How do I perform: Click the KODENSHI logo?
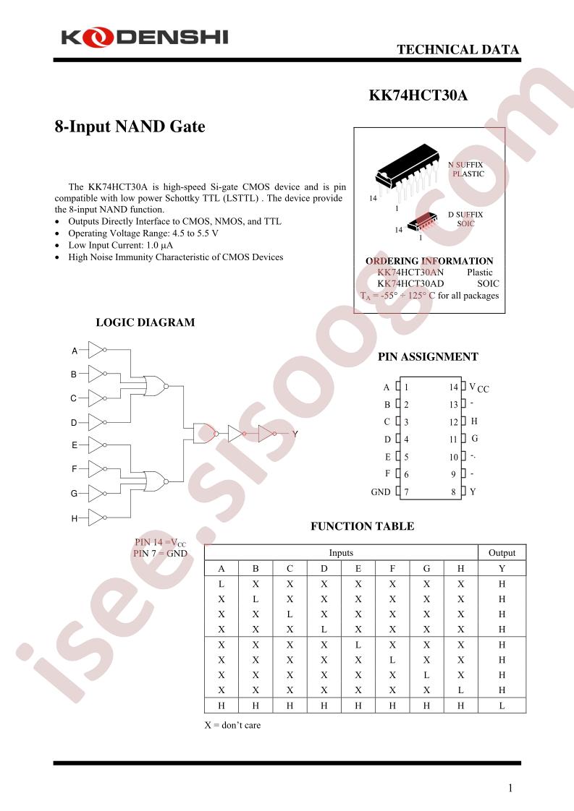[x=145, y=38]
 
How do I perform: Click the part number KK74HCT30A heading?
[x=418, y=95]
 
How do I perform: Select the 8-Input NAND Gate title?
[x=130, y=126]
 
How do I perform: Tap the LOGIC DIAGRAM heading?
[x=145, y=322]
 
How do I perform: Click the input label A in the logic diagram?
[x=75, y=351]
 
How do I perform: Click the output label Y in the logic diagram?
[x=295, y=434]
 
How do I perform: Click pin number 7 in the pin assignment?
[x=407, y=492]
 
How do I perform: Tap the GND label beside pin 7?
[x=381, y=492]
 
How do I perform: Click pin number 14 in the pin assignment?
[x=454, y=387]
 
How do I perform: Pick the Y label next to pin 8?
[x=473, y=492]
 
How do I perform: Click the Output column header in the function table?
[x=502, y=552]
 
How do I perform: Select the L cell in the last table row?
[x=502, y=705]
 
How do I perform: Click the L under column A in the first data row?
[x=221, y=584]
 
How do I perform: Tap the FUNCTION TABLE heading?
[x=363, y=526]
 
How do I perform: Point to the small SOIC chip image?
[x=423, y=223]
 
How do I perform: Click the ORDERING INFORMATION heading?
[x=429, y=261]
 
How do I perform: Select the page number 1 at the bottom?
[x=510, y=788]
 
